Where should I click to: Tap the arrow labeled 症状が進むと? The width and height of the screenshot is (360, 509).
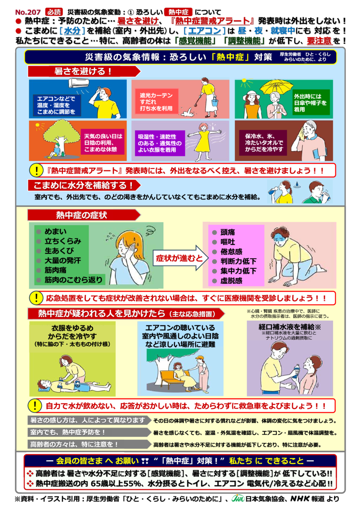[x=175, y=257]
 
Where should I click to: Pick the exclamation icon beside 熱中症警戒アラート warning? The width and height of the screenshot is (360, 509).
[x=37, y=171]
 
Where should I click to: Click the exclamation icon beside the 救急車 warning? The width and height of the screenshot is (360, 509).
[x=36, y=406]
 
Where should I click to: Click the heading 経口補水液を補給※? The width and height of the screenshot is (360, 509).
[x=289, y=327]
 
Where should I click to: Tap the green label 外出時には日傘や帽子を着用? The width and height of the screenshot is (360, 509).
[x=310, y=102]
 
